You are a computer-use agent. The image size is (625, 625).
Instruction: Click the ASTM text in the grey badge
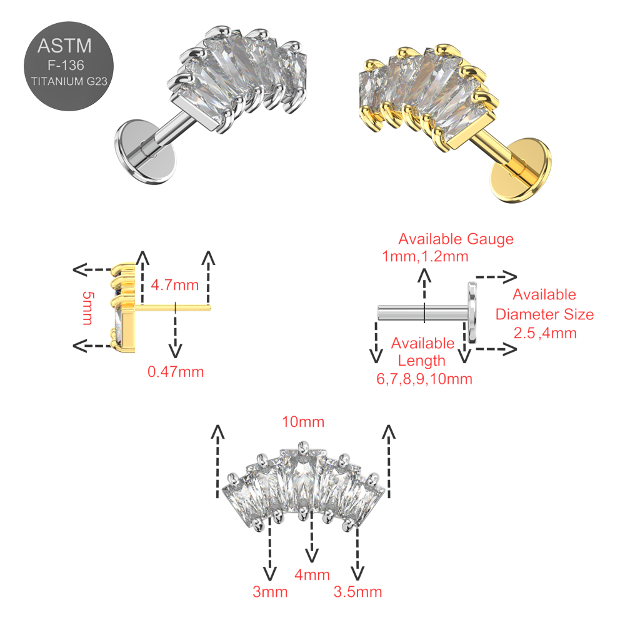point(65,46)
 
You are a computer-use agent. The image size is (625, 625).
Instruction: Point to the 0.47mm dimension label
point(176,372)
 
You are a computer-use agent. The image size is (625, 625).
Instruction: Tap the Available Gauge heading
point(456,239)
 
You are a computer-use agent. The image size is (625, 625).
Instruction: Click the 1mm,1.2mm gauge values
point(425,256)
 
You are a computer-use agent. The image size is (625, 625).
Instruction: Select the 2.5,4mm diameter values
point(544,332)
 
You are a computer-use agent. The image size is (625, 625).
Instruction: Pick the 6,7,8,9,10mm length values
point(423,378)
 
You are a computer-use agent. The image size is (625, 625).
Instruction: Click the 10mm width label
point(303,422)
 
